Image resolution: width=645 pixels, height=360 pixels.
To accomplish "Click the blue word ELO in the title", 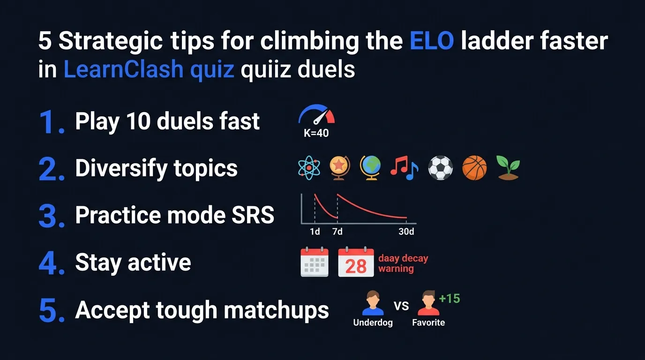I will (431, 41).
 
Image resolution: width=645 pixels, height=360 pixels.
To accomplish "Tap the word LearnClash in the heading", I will (123, 70).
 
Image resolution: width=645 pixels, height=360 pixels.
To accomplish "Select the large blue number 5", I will (50, 310).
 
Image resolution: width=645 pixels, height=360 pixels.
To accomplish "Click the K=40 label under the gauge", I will (316, 133).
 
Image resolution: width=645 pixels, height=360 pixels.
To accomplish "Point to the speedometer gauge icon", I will (317, 115).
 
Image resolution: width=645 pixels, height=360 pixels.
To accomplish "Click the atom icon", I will (309, 168).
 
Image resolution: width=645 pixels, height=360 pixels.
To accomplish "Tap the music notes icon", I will (404, 168).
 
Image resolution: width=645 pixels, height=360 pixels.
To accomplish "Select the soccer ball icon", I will (440, 168).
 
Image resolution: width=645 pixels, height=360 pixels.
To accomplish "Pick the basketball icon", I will (474, 168).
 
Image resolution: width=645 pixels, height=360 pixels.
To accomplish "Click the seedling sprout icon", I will (508, 168).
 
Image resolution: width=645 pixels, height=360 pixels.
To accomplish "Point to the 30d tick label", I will (406, 232).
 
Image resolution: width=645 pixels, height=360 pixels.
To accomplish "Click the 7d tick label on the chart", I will (337, 232).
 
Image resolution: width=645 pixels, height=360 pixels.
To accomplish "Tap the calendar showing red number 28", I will (356, 262).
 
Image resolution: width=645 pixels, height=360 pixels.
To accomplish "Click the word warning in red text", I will (396, 269).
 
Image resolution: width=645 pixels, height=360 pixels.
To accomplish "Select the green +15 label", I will (449, 299).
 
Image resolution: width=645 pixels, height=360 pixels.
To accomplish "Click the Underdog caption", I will (373, 322).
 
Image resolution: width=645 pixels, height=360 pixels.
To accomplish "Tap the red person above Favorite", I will (427, 303).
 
